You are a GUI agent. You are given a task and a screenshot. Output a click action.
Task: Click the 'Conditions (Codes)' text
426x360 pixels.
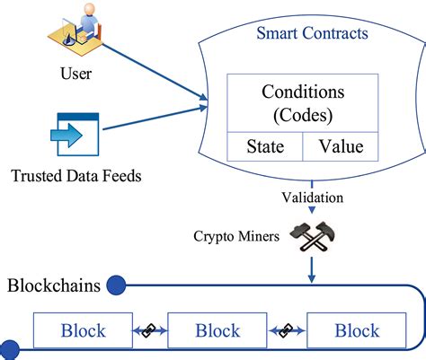[x=305, y=103]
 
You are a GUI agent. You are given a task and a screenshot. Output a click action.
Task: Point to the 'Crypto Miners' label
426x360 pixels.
[x=235, y=237]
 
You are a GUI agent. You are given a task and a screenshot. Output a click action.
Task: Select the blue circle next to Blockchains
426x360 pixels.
[x=117, y=286]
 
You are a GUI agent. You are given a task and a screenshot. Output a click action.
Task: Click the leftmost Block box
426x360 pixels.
[x=83, y=330]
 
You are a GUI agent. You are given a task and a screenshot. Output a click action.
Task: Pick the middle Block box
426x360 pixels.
[x=219, y=330]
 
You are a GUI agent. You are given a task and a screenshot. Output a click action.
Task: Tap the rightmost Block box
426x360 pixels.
[x=356, y=330]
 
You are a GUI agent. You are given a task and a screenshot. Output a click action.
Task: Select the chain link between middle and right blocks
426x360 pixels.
[x=288, y=329]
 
